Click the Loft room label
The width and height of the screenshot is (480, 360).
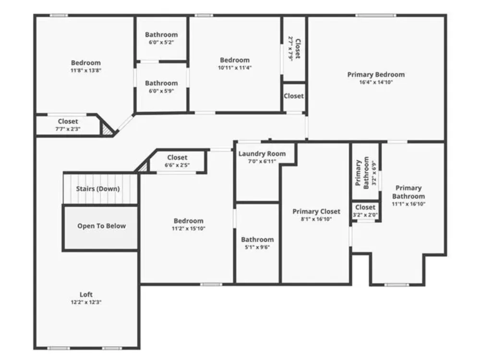pos(86,295)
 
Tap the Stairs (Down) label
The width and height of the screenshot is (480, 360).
pos(98,189)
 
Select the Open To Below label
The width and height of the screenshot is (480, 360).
pos(102,226)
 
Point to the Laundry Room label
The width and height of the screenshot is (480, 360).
pos(262,154)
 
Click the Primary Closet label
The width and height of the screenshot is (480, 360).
pos(316,212)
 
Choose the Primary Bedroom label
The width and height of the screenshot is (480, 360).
pos(376,75)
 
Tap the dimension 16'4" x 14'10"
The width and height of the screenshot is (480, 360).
pos(376,82)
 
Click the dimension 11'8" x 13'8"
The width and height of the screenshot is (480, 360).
pos(86,71)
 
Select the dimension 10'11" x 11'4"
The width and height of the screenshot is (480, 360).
pos(235,68)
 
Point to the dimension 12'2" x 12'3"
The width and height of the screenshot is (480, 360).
pos(86,302)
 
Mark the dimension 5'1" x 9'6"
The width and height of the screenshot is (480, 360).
pos(257,247)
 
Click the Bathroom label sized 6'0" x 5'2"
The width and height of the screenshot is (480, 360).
pos(161,35)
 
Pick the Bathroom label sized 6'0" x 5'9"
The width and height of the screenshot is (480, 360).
pos(161,83)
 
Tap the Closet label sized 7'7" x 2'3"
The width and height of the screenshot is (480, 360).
pos(68,121)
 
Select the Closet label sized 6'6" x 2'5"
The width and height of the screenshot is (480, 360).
pos(177,157)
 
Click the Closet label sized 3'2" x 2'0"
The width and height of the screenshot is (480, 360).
pos(365,207)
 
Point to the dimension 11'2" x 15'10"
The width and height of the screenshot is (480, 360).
pos(189,228)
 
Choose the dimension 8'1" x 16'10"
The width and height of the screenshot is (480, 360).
pos(316,219)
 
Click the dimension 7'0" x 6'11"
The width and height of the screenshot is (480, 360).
pos(262,161)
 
